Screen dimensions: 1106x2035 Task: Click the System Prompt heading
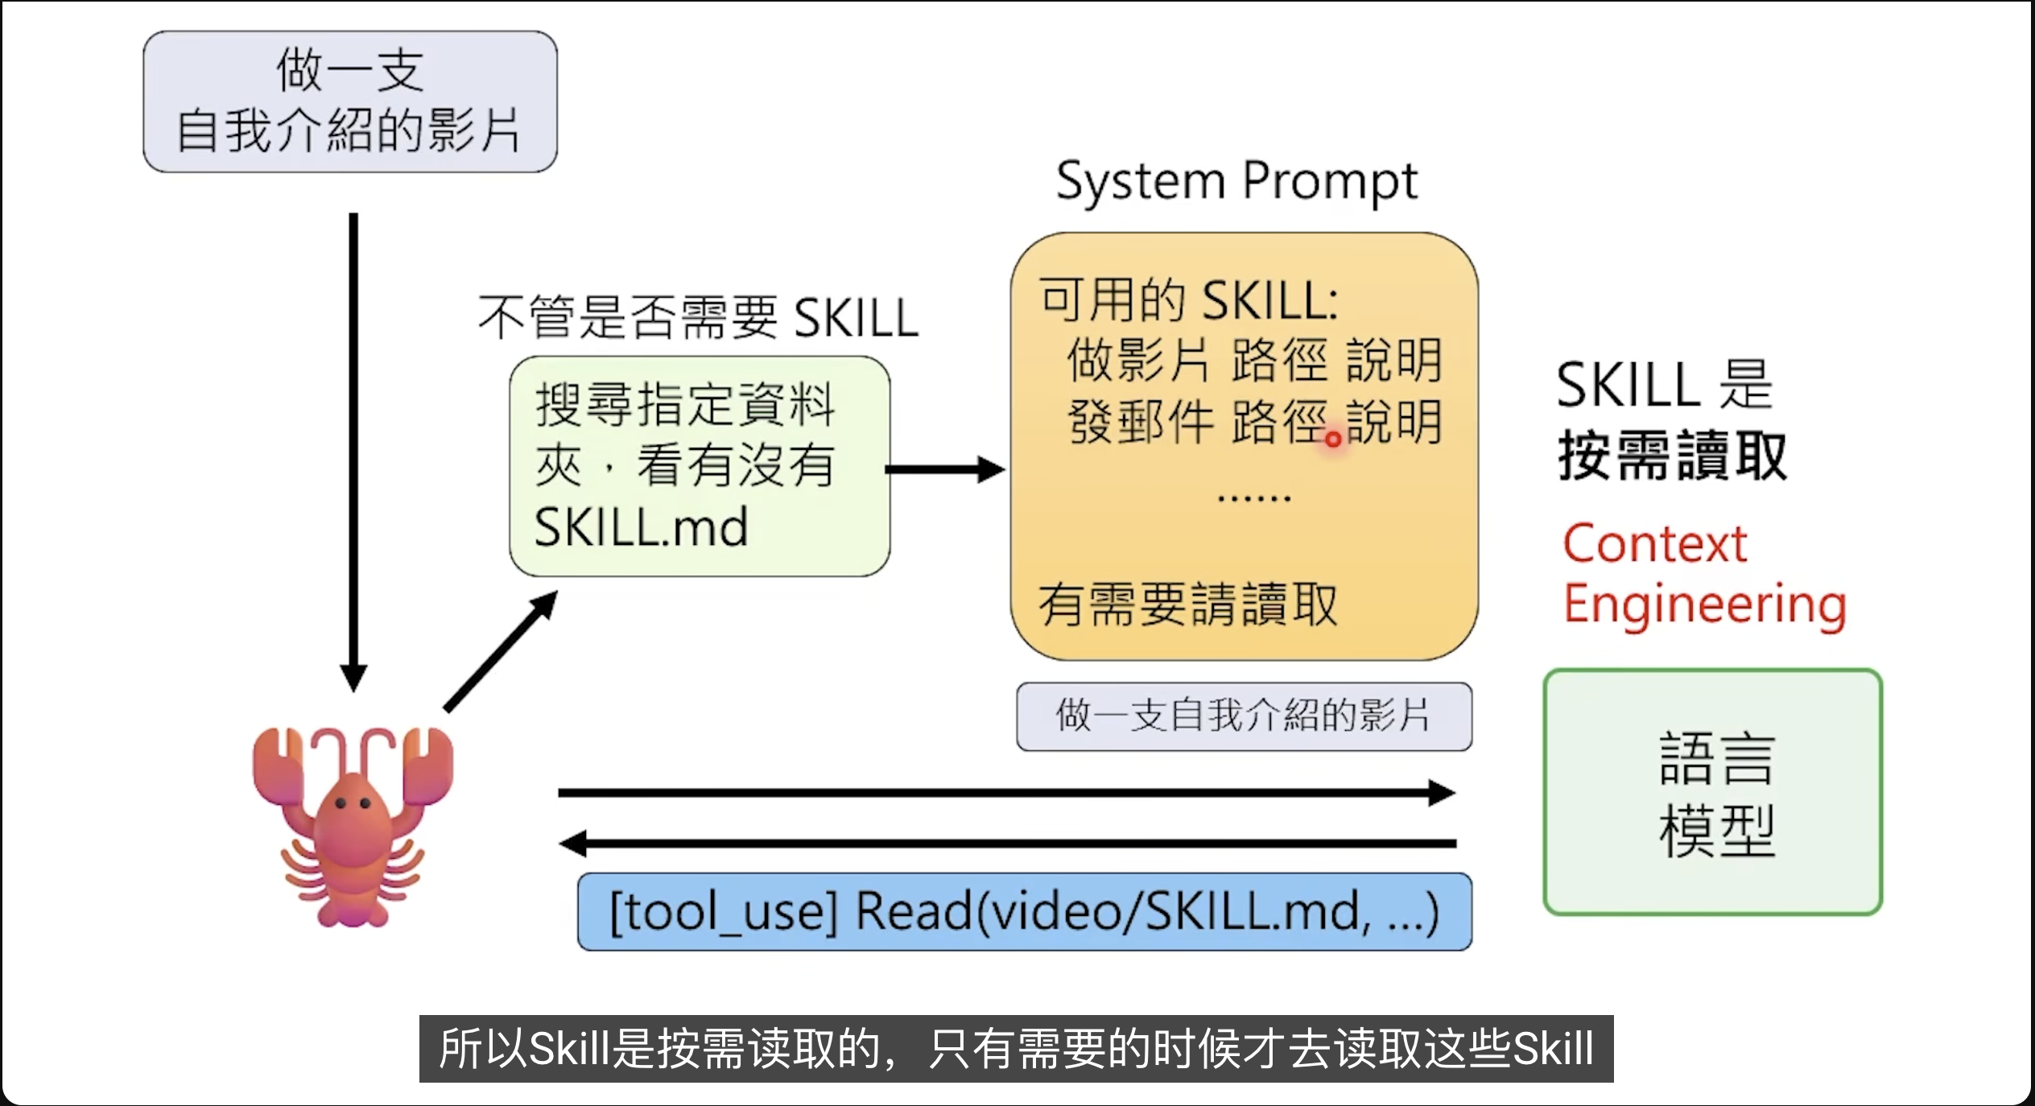(1236, 181)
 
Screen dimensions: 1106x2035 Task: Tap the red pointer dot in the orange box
(1333, 440)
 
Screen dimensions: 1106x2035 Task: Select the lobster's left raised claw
(277, 765)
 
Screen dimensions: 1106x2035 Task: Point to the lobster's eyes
(353, 803)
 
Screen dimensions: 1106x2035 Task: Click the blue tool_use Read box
(1024, 912)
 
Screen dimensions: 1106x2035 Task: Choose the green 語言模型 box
(1713, 792)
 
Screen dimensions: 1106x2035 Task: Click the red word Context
(1655, 544)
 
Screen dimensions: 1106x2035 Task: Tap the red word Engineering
(1705, 605)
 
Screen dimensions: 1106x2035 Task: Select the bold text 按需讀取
(1673, 456)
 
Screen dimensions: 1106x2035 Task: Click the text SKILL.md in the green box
(642, 528)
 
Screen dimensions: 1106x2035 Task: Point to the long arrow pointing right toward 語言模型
(1006, 793)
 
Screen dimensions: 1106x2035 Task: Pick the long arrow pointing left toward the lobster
(1006, 844)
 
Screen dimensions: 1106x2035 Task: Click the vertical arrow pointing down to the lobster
(353, 451)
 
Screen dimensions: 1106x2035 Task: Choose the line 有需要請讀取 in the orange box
(1188, 605)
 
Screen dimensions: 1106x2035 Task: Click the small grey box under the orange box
(1244, 716)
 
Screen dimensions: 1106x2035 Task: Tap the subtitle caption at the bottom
(1016, 1049)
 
